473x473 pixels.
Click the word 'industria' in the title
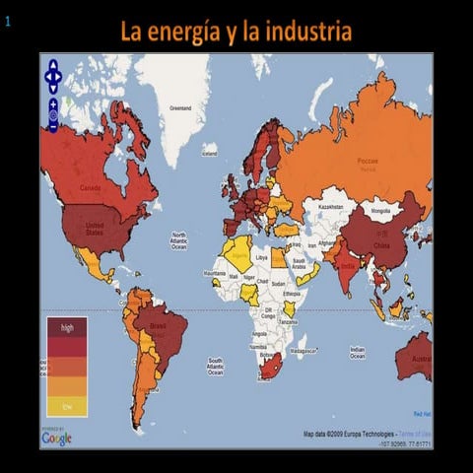304,32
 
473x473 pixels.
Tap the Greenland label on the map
180,107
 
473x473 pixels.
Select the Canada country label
90,188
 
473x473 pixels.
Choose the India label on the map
347,263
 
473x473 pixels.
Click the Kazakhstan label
328,207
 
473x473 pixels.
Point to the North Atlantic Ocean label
178,240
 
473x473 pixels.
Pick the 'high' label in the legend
67,326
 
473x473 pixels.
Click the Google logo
57,439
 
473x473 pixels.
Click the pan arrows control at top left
54,73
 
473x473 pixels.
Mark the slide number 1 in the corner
8,17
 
